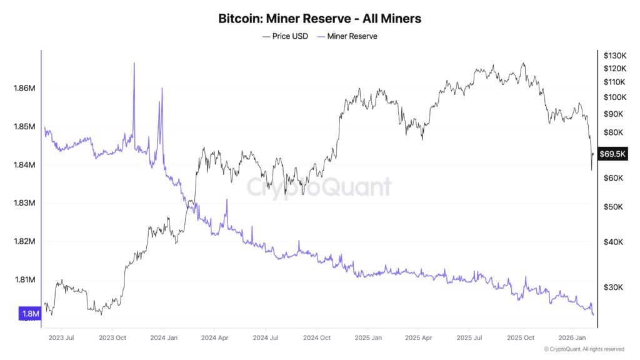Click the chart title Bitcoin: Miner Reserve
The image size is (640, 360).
tap(319, 19)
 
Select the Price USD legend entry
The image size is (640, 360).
tap(285, 36)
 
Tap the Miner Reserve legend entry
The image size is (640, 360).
tap(347, 36)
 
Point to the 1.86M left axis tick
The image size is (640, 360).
tap(24, 88)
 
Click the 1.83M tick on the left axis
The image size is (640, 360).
tap(24, 203)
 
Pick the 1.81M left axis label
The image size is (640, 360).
tap(24, 279)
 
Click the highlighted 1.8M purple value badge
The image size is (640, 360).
tap(30, 313)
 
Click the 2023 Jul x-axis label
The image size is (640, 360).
tap(61, 337)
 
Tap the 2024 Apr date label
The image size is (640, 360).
tap(214, 337)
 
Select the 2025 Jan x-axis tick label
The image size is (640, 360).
tap(368, 337)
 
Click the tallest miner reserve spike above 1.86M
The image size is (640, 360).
tap(134, 64)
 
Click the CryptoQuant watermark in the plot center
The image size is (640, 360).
tap(319, 187)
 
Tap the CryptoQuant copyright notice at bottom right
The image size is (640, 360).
tap(584, 349)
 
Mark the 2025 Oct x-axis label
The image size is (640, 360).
tap(521, 337)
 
